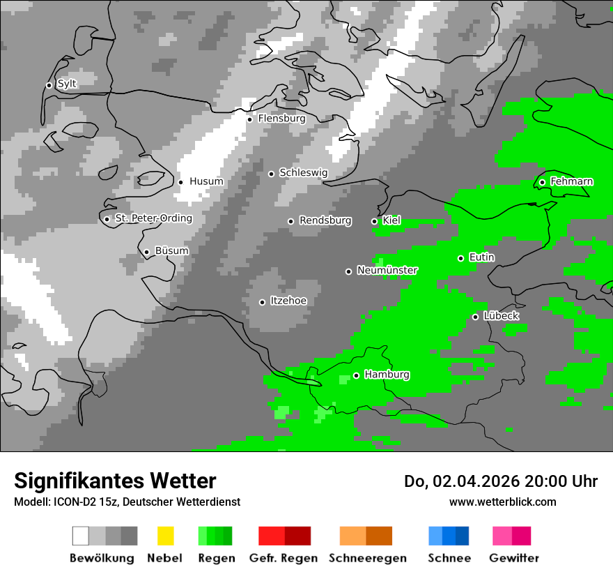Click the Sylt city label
(x=67, y=84)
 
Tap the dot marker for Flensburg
(x=249, y=119)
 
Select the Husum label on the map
(x=206, y=181)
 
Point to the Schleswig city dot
(x=271, y=174)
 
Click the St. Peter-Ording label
(x=153, y=218)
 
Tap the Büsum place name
(x=171, y=250)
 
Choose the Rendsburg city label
(x=325, y=220)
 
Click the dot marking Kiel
(x=374, y=221)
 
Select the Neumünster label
(x=387, y=270)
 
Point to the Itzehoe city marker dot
(x=262, y=302)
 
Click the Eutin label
(x=482, y=257)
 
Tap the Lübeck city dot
(x=475, y=317)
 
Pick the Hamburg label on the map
(x=387, y=375)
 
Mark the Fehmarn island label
(x=571, y=181)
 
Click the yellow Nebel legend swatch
(x=165, y=536)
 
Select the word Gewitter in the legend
(x=514, y=558)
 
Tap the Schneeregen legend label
(x=366, y=558)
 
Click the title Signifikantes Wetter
(x=116, y=481)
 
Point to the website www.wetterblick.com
(x=503, y=502)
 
